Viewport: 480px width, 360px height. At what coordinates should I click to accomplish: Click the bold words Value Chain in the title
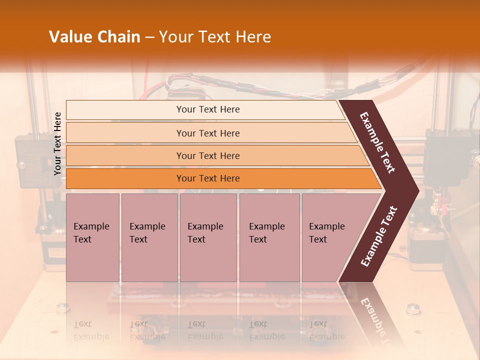pyautogui.click(x=94, y=37)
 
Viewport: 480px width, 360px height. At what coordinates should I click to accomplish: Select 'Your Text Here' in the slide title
pyautogui.click(x=215, y=37)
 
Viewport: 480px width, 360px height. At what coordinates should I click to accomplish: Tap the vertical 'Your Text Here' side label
pyautogui.click(x=57, y=143)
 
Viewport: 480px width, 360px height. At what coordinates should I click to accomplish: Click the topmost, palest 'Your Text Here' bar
pyautogui.click(x=207, y=109)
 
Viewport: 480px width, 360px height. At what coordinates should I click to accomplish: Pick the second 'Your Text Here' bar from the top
pyautogui.click(x=207, y=133)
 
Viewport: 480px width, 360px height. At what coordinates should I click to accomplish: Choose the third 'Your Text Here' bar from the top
pyautogui.click(x=207, y=155)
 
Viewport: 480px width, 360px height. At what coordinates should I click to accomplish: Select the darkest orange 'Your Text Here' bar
pyautogui.click(x=207, y=178)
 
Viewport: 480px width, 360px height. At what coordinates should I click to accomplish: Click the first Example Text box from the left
pyautogui.click(x=92, y=237)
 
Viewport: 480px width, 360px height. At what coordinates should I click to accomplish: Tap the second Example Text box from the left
pyautogui.click(x=149, y=237)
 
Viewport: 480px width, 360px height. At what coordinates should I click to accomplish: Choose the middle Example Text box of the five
pyautogui.click(x=208, y=237)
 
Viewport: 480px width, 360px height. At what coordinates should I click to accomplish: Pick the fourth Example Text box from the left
pyautogui.click(x=269, y=237)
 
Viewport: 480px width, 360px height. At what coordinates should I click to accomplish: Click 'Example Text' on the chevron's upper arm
pyautogui.click(x=377, y=142)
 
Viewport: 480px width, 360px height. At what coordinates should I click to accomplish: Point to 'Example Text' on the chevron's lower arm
pyautogui.click(x=379, y=236)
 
